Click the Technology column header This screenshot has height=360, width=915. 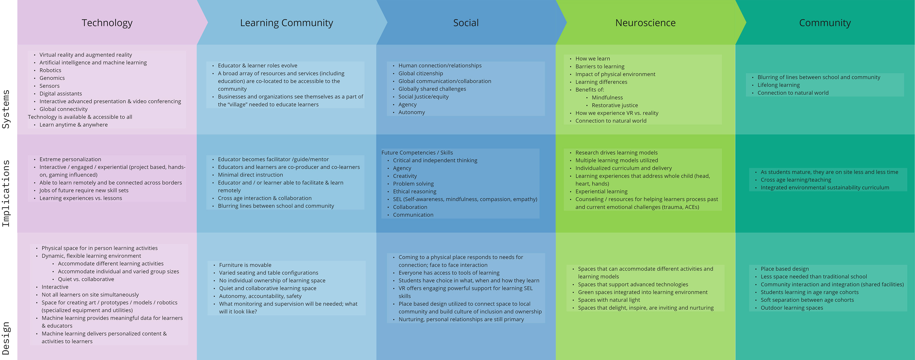[x=107, y=23]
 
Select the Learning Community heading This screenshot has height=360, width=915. [x=286, y=23]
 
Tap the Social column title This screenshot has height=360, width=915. [x=466, y=23]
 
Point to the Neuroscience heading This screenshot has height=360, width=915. [x=645, y=23]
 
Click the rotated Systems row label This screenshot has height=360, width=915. [x=6, y=109]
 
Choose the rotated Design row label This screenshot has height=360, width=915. [x=6, y=338]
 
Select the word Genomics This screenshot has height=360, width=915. [x=52, y=78]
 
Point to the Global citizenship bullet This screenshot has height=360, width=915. [x=421, y=74]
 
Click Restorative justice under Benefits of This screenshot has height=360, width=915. [x=615, y=105]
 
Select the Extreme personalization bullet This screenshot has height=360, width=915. [x=70, y=160]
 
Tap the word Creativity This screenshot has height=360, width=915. [x=405, y=176]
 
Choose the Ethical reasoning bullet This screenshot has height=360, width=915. [x=415, y=192]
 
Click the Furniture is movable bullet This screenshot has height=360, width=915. [x=245, y=265]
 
